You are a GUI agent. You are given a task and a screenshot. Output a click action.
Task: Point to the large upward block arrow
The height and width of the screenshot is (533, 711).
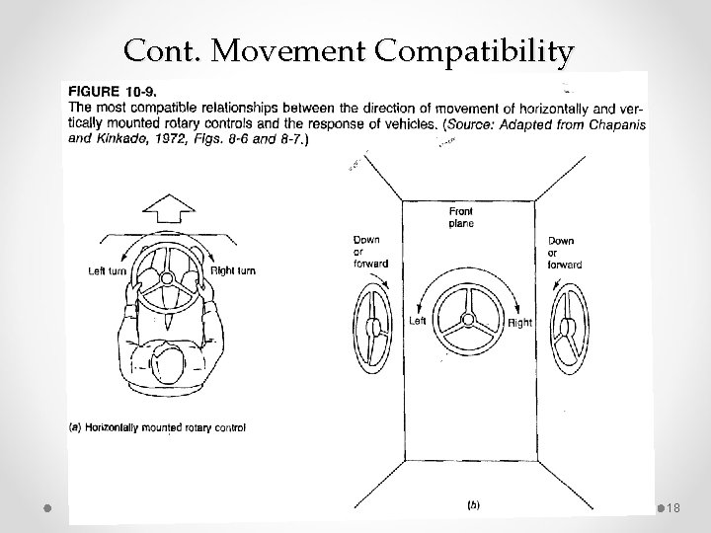click(x=167, y=207)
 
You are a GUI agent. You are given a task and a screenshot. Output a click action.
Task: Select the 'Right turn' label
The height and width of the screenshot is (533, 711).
click(x=234, y=271)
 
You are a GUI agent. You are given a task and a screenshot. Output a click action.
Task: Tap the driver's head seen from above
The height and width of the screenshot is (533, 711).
click(x=166, y=362)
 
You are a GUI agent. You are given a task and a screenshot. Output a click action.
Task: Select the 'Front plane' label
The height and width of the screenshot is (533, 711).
click(x=461, y=217)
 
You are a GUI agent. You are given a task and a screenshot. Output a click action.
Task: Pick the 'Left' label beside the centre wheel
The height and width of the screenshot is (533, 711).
click(x=417, y=322)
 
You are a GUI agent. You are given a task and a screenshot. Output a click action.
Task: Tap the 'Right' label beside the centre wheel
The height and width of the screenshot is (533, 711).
click(x=519, y=322)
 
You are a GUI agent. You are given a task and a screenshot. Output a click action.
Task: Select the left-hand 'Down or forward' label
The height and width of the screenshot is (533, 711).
click(x=370, y=252)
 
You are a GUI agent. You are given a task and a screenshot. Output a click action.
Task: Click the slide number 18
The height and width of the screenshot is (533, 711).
click(x=674, y=506)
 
